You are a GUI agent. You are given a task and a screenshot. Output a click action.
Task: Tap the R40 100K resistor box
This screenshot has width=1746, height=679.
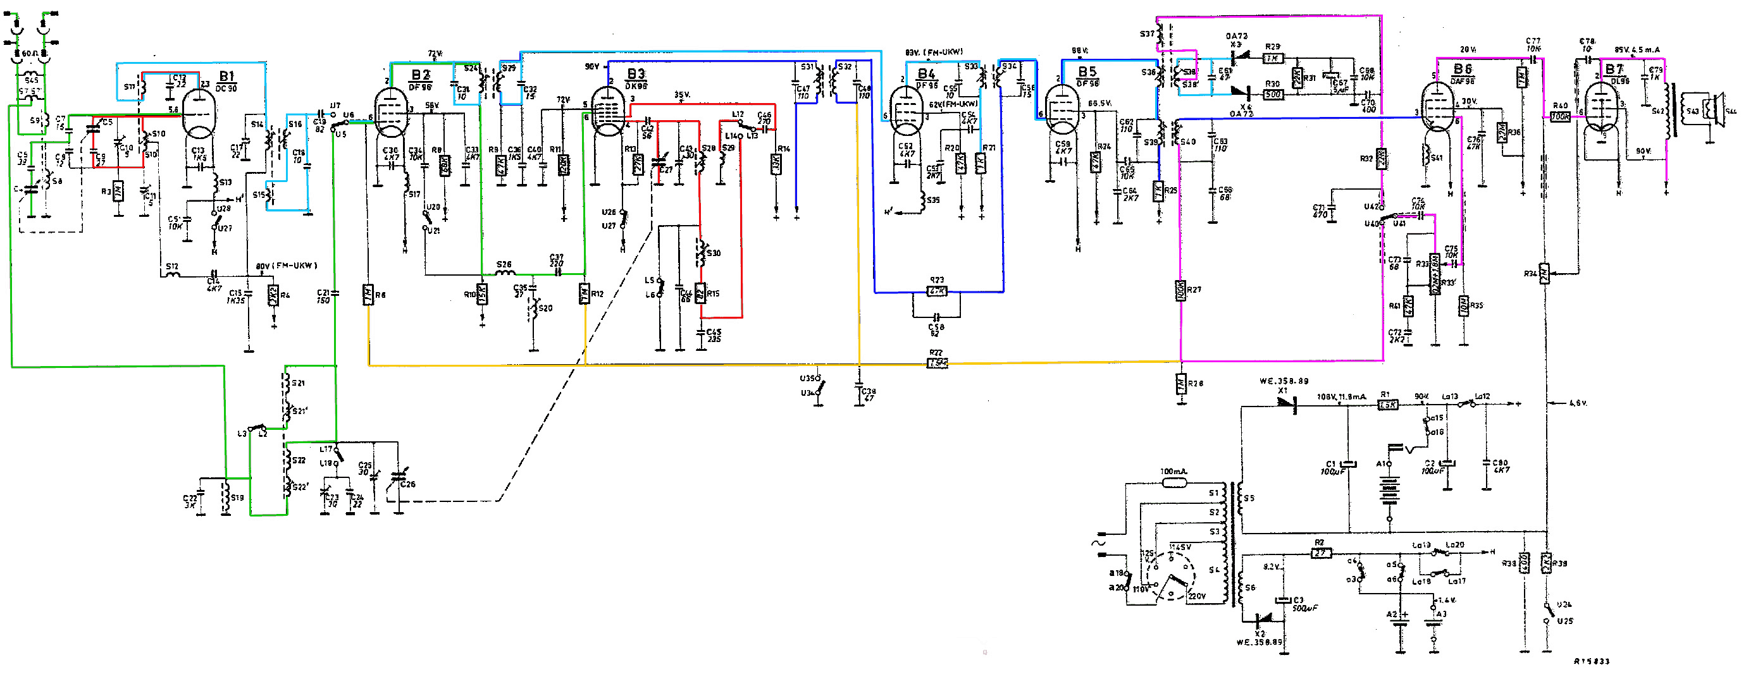coord(1559,116)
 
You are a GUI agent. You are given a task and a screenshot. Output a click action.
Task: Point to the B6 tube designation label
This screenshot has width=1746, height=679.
coord(1463,70)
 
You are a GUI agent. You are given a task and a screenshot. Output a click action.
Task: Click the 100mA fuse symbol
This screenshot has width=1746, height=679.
coord(1174,483)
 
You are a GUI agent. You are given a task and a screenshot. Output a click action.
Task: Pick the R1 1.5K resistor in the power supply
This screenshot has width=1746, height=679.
coord(1387,405)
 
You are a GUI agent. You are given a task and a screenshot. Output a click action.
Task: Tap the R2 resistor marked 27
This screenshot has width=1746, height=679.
coord(1320,554)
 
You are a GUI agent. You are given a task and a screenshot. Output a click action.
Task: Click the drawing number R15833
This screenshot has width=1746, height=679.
coord(1591,661)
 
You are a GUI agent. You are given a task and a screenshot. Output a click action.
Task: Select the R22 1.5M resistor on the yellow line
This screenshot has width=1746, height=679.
coord(937,364)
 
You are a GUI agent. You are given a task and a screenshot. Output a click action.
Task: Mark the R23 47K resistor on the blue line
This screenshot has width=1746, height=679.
coord(937,291)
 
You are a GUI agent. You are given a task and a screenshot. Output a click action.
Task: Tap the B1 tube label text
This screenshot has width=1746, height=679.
coord(226,76)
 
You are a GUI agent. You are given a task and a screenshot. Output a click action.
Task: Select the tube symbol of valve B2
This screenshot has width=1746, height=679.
coord(392,114)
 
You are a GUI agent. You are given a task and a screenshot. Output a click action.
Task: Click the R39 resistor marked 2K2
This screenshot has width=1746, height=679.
coord(1546,563)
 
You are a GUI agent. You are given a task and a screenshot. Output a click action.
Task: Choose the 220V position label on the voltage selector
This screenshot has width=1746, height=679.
coord(1197,596)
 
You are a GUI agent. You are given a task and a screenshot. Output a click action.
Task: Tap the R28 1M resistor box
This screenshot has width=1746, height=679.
coord(1180,384)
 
